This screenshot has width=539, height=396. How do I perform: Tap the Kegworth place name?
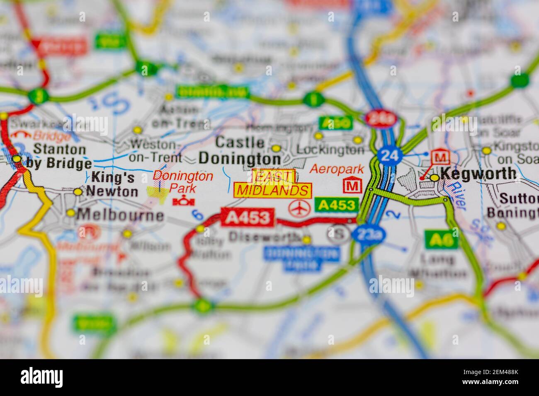point(478,174)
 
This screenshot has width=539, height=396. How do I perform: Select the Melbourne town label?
point(121,215)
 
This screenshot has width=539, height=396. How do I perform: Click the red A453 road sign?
point(248,217)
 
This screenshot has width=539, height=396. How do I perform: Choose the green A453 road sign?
point(336,205)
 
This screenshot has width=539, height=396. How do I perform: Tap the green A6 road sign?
point(441,239)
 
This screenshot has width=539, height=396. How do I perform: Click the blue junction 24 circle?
point(390,156)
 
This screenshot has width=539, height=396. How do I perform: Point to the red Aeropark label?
point(337,169)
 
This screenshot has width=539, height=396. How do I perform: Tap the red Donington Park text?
point(182,181)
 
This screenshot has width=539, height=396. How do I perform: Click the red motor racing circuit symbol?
point(181,202)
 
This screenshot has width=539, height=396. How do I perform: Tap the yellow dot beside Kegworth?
point(434,178)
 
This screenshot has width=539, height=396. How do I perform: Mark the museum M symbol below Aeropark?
point(352,186)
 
